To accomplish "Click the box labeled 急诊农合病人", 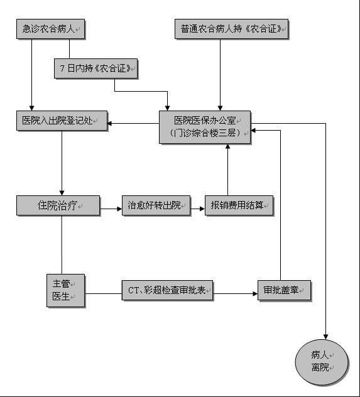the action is [51, 29].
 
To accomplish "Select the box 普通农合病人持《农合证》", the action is [231, 29].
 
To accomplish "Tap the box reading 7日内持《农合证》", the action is [96, 68].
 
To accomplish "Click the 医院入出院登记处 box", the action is [62, 121].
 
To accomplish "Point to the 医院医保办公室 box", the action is [205, 127].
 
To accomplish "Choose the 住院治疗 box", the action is [58, 205].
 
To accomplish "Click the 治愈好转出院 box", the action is [156, 205].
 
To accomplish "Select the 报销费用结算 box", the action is [239, 205].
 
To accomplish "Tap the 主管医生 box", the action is [65, 290].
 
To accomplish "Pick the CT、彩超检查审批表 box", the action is [167, 290].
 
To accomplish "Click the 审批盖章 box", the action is [284, 290].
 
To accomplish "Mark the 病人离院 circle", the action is [322, 362].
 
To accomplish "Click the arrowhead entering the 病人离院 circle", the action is [325, 337].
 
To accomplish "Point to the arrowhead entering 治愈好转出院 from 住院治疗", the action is [119, 209].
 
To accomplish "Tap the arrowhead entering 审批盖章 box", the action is [255, 294].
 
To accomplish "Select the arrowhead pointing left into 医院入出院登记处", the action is [110, 124].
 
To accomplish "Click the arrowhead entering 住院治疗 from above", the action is [62, 193].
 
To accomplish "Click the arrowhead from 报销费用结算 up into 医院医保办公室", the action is [227, 147].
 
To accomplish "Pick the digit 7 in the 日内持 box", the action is [62, 68].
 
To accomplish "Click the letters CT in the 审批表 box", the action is [133, 290].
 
